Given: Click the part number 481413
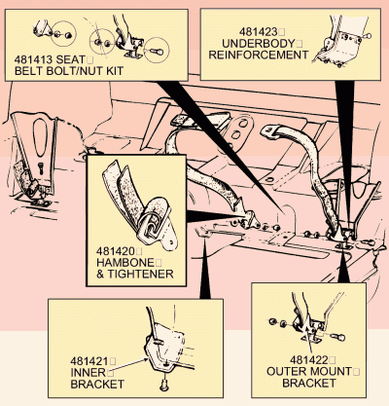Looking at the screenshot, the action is pyautogui.click(x=33, y=59).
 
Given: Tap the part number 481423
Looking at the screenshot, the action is pyautogui.click(x=259, y=32).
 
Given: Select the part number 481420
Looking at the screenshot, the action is pyautogui.click(x=116, y=251).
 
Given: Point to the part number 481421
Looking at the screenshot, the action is pyautogui.click(x=89, y=361).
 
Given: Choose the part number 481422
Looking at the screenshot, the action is pyautogui.click(x=309, y=360).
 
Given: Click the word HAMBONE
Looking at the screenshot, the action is pyautogui.click(x=125, y=263).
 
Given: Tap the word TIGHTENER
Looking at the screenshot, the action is pyautogui.click(x=140, y=274).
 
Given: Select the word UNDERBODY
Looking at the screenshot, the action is pyautogui.click(x=259, y=44).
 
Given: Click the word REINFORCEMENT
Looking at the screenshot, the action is pyautogui.click(x=258, y=55).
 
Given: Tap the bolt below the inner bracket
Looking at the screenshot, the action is pyautogui.click(x=164, y=385).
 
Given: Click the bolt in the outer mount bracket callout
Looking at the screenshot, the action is pyautogui.click(x=338, y=338).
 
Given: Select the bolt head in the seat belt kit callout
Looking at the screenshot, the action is pyautogui.click(x=157, y=52).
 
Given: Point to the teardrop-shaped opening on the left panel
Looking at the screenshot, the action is pyautogui.click(x=40, y=137).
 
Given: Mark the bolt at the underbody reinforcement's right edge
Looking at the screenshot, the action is pyautogui.click(x=367, y=36).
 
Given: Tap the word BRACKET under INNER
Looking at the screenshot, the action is pyautogui.click(x=97, y=385).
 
